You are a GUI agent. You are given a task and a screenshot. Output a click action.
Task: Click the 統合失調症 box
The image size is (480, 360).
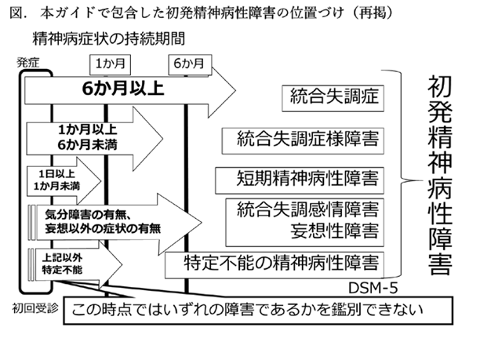click(x=333, y=97)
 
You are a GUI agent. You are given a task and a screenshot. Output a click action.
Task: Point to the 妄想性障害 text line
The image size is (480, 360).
click(x=333, y=231)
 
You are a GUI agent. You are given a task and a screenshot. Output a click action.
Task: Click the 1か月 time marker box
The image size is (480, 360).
click(x=109, y=63)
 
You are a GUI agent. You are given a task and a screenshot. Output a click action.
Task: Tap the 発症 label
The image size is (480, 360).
click(x=27, y=62)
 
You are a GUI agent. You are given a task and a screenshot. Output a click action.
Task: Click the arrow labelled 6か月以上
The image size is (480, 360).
click(x=125, y=89)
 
